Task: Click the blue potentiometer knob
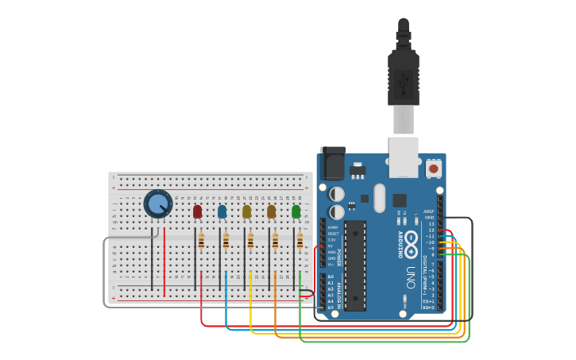click(x=158, y=203)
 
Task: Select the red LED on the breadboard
click(x=197, y=211)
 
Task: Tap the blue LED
click(x=222, y=211)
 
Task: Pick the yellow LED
click(x=246, y=211)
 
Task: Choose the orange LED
click(x=272, y=211)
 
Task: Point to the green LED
click(x=296, y=211)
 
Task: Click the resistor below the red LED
click(x=201, y=240)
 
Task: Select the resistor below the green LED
click(x=300, y=240)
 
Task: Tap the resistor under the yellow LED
click(x=250, y=240)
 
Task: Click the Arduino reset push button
click(x=433, y=168)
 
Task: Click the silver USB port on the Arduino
click(x=403, y=157)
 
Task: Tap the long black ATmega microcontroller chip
click(x=355, y=265)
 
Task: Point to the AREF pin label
click(x=429, y=211)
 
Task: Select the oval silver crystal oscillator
click(x=379, y=197)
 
